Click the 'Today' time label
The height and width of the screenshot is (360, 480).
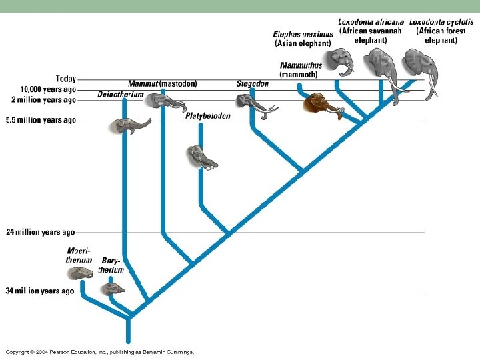click(66, 79)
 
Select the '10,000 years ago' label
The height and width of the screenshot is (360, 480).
click(48, 89)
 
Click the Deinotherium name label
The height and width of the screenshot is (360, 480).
click(120, 95)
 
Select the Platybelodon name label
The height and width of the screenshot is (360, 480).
click(208, 116)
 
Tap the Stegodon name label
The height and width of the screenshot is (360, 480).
click(253, 84)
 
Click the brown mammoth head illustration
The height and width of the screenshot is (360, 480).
click(319, 104)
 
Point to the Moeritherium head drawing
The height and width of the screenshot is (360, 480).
click(81, 273)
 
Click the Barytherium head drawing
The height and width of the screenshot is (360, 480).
click(112, 289)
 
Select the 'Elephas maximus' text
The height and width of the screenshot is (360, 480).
click(303, 35)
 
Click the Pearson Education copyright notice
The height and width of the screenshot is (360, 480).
click(100, 351)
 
